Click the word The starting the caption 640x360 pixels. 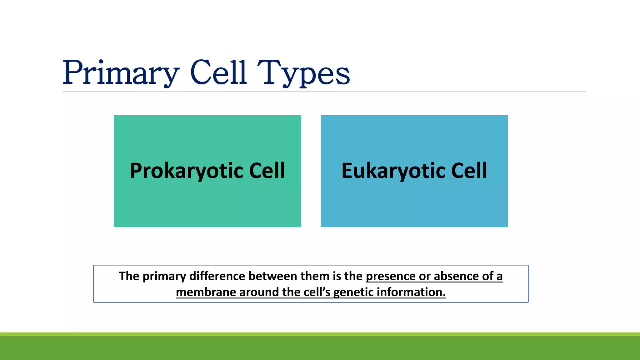[x=129, y=276]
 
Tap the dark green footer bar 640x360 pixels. [x=320, y=348]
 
